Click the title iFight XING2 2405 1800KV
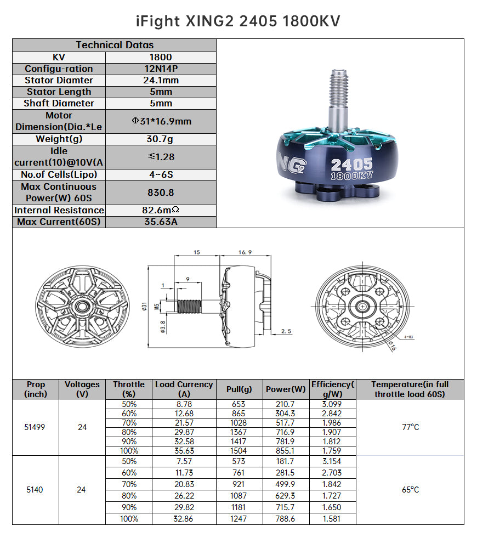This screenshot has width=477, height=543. [x=238, y=21]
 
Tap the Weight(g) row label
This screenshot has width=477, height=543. [x=59, y=139]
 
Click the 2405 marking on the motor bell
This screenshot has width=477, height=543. [x=351, y=164]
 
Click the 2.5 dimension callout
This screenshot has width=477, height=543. [x=286, y=331]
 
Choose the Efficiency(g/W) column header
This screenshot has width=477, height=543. [x=333, y=389]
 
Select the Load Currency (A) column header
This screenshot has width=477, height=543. [x=184, y=389]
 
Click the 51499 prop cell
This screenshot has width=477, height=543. [x=35, y=427]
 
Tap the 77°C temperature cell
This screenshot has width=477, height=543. [x=410, y=427]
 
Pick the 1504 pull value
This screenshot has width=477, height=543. [x=239, y=451]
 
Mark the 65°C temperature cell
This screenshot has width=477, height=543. [x=410, y=490]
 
